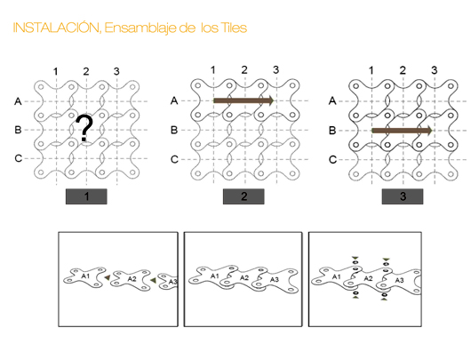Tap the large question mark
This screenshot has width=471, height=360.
click(x=84, y=131)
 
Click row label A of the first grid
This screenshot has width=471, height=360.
click(x=18, y=100)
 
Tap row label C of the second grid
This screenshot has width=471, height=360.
click(x=175, y=160)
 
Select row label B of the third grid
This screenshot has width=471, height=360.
click(x=332, y=131)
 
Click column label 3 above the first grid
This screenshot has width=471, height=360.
click(x=116, y=71)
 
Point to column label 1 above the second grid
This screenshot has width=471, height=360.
click(x=212, y=70)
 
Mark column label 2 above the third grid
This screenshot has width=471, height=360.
click(x=403, y=70)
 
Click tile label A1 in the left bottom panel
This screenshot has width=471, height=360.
click(x=85, y=276)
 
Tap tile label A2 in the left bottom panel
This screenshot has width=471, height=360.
click(x=131, y=279)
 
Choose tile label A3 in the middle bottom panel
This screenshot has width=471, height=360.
click(x=275, y=281)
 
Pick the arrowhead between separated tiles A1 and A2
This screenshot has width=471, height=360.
click(x=108, y=279)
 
